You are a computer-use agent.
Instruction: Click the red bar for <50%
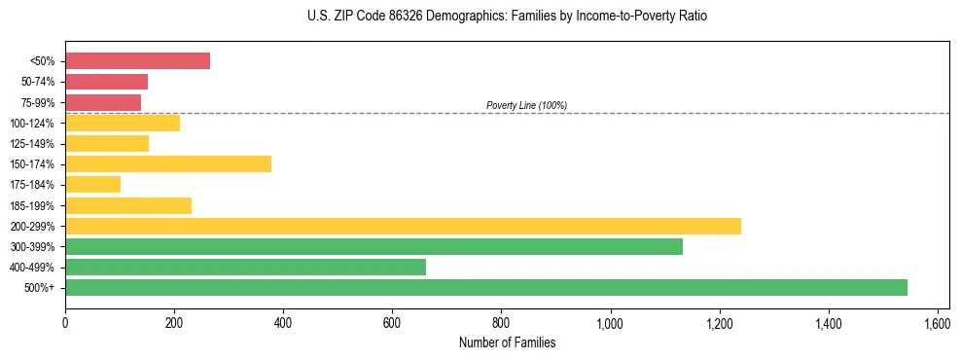point(137,61)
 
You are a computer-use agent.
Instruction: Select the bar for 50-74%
point(106,82)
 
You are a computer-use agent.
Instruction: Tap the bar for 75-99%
point(103,102)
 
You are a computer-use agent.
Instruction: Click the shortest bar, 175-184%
point(92,185)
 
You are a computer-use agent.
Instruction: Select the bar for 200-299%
point(403,226)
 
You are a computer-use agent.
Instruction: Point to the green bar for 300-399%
point(374,246)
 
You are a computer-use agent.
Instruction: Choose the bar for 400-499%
point(245,267)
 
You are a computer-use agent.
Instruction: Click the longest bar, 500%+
point(486,287)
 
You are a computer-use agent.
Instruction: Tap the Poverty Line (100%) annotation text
point(526,105)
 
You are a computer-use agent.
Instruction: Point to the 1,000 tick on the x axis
point(611,322)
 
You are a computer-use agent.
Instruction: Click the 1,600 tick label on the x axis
point(938,322)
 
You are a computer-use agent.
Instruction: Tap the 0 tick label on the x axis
point(65,322)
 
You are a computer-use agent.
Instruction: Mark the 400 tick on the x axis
point(283,322)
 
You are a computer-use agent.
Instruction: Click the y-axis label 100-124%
point(33,124)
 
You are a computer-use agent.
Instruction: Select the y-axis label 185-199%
point(33,205)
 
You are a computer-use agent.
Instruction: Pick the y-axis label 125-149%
point(33,144)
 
